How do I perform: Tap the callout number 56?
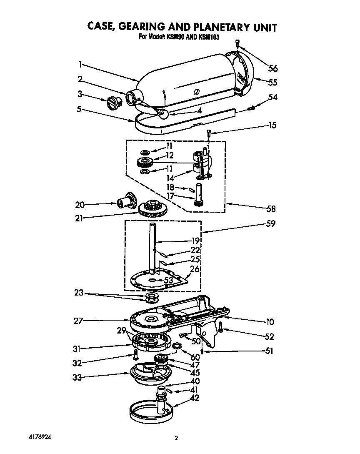coord(272,68)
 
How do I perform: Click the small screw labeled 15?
coord(209,133)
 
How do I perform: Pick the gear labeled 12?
coord(145,162)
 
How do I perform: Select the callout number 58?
coord(271,208)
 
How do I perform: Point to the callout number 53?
coord(168,280)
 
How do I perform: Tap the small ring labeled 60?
coord(177,345)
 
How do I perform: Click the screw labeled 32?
coord(135,354)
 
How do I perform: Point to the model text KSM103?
coord(209,37)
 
